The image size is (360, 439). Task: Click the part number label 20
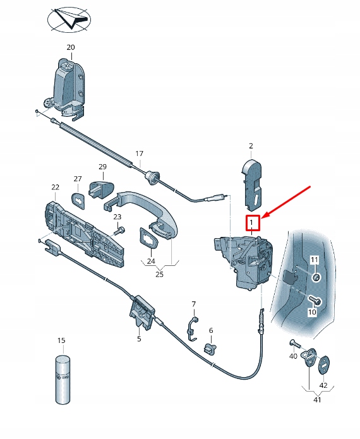click(x=70, y=47)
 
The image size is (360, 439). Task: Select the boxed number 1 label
click(x=251, y=222)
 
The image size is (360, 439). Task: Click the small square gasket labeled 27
click(x=78, y=200)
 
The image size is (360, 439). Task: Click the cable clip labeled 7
click(x=193, y=326)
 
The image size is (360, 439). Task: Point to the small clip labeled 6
click(x=210, y=347)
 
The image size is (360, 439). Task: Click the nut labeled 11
click(x=316, y=277)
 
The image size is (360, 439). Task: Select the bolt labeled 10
click(x=316, y=300)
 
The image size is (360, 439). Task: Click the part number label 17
click(x=140, y=153)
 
